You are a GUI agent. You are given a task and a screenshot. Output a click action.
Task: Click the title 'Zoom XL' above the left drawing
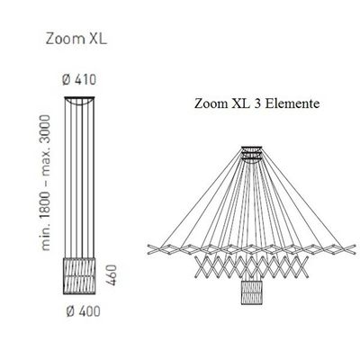point(76,39)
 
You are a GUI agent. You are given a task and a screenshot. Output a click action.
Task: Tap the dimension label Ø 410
point(79,80)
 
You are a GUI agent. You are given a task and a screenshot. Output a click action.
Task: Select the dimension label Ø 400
point(83,311)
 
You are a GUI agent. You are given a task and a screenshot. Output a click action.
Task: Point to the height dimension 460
point(111,274)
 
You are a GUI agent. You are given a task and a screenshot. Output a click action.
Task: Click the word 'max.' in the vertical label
point(45,164)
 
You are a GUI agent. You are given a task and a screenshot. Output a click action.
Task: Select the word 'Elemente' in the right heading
point(292,103)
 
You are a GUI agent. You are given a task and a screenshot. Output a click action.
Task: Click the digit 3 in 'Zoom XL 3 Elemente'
point(257,103)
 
